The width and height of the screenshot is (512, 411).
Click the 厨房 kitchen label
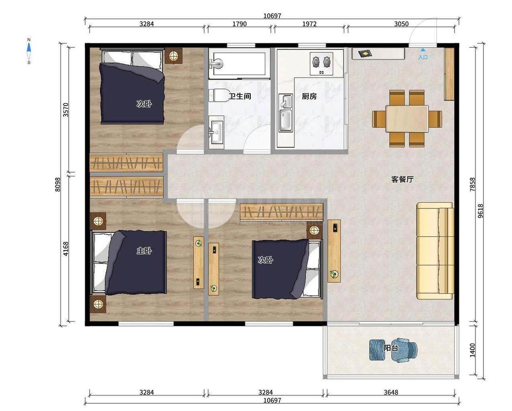pos(309,96)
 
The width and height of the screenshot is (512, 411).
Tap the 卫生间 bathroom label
pos(240,96)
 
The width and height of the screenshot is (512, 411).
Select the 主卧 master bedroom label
pos(144,251)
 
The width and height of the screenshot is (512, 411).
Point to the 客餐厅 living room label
pos(402,179)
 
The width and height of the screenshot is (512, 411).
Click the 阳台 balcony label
pos(391,348)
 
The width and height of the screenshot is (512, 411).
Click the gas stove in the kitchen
pos(321,64)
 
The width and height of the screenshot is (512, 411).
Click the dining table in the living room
pos(407,118)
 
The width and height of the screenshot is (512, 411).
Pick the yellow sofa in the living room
pos(435,251)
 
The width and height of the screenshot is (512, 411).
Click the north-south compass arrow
pos(29,51)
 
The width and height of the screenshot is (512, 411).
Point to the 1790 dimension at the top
pos(239,24)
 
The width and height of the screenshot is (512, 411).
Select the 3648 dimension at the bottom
pos(391,392)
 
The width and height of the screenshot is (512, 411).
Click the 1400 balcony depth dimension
pos(472,350)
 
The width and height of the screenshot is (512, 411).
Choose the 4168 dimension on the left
pos(66,249)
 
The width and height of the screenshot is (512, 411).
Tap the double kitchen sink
pos(286,113)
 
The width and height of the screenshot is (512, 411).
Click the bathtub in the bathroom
pos(239,64)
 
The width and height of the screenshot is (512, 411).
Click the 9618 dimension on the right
pos(480,211)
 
